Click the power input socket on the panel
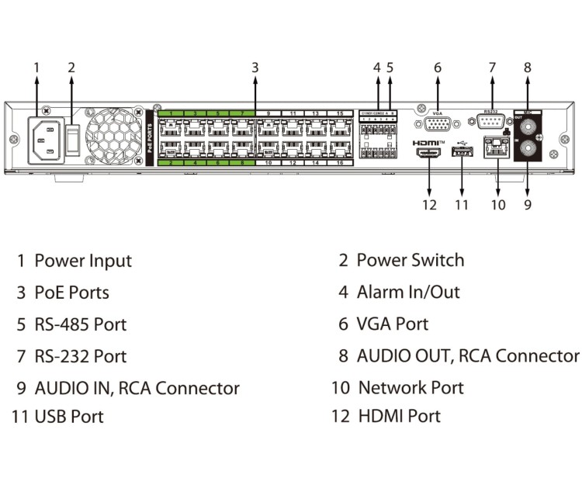pos(47,140)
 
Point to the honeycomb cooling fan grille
pos(115,138)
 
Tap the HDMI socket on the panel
pos(429,155)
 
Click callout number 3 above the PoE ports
pos(255,68)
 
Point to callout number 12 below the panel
pos(429,205)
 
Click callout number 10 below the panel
pos(498,205)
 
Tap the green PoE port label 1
pos(171,114)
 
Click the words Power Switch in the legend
pos(410,260)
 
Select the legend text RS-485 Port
pos(80,324)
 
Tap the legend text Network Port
pos(411,387)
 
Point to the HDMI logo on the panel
pos(428,143)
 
